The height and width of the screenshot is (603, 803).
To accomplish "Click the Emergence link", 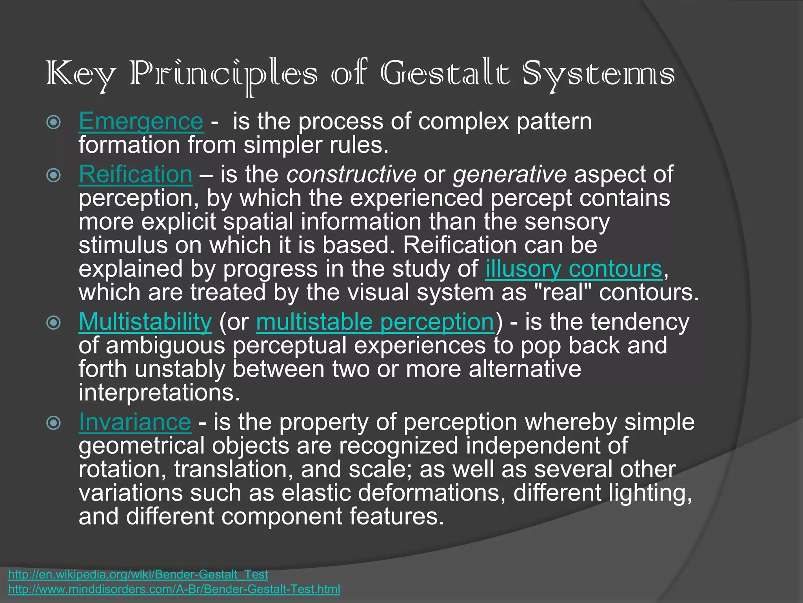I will click(141, 121).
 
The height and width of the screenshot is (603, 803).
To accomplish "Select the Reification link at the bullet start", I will click(136, 174).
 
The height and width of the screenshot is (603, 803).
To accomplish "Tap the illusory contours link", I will click(574, 269).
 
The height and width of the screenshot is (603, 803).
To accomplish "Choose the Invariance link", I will click(135, 422).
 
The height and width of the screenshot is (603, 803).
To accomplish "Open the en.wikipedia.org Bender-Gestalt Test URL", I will click(138, 574).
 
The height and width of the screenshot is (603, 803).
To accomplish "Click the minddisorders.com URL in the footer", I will click(174, 589).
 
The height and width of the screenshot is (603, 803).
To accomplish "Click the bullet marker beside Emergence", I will click(54, 122).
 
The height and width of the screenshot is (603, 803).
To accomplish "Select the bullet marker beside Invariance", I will click(54, 423).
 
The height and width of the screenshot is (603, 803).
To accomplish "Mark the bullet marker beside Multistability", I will click(54, 323).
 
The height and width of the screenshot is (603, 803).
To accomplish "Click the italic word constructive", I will click(351, 175).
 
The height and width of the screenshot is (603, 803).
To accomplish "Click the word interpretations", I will click(159, 393).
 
